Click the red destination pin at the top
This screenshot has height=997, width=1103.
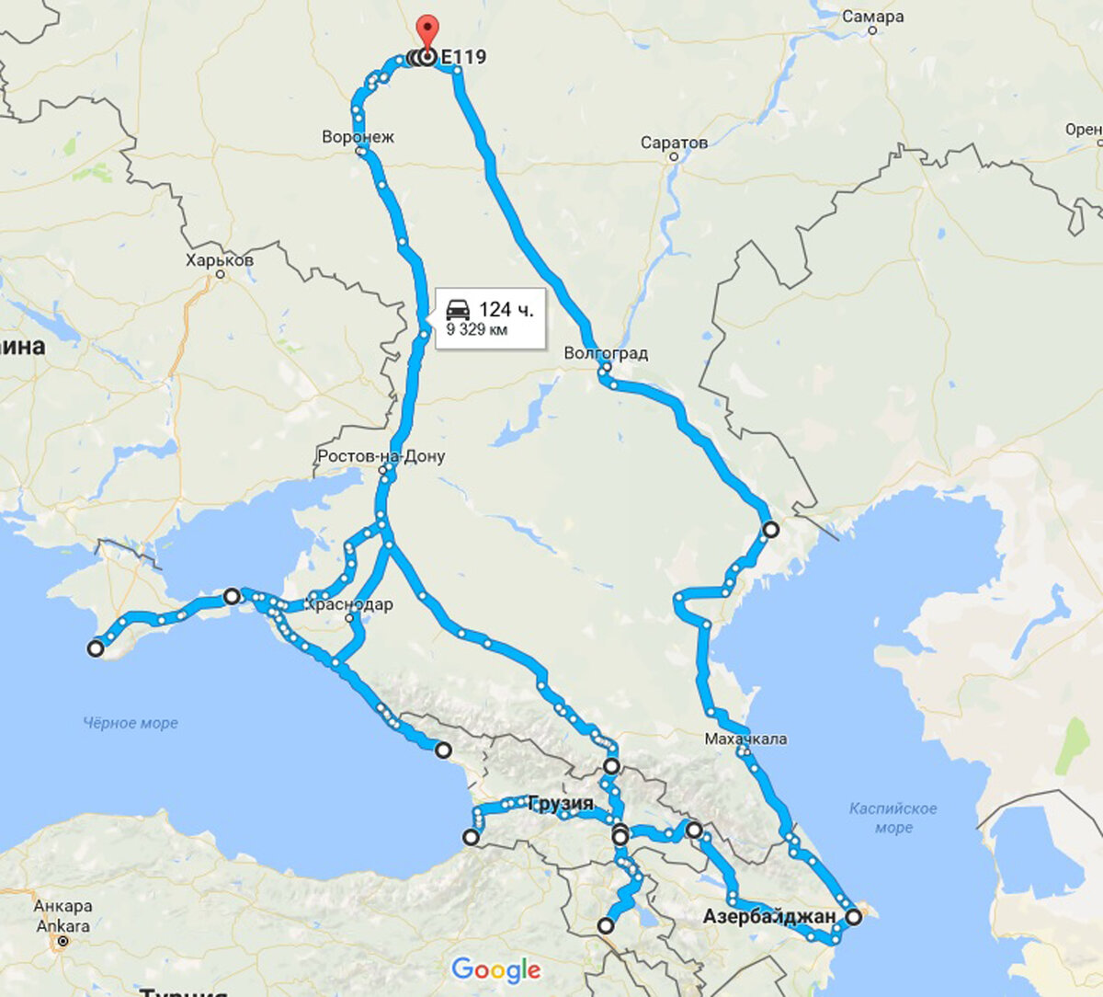[426, 30]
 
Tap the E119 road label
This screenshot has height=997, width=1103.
[463, 57]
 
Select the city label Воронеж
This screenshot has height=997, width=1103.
[358, 137]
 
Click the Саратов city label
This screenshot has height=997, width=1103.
[674, 143]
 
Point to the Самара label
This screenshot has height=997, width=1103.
[872, 17]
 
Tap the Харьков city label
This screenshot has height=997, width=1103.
[219, 260]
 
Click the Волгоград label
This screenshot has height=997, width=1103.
[606, 353]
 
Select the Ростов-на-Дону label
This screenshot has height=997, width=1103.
[381, 456]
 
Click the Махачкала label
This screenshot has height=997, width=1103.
[745, 739]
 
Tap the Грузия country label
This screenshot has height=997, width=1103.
[561, 803]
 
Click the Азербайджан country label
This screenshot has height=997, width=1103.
[769, 916]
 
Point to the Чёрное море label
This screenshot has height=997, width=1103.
[131, 723]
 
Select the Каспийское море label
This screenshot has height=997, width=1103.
[893, 818]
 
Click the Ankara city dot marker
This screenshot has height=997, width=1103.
[63, 942]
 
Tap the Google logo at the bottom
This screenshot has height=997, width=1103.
[495, 969]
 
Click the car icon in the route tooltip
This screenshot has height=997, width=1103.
[458, 309]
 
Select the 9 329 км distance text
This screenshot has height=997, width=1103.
[477, 329]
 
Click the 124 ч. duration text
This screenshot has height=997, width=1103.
[506, 309]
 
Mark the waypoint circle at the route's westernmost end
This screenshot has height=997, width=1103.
[96, 648]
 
